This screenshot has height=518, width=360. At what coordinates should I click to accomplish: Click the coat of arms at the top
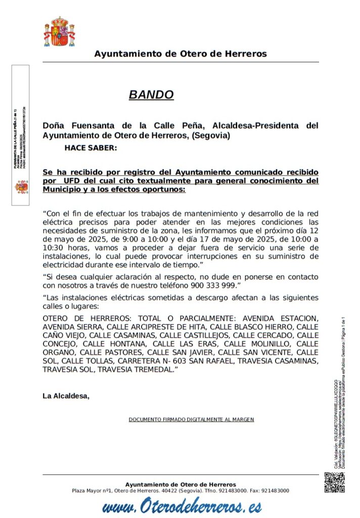coord(59,31)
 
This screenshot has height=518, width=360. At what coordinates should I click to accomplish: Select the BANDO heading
coord(151,95)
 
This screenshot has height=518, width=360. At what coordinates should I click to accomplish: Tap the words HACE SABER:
coord(91,148)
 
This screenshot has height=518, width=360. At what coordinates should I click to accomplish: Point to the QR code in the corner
coord(334,483)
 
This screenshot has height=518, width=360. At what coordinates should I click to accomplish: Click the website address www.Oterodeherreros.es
coord(182,506)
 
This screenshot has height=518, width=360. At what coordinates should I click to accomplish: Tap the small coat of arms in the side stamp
coord(21,187)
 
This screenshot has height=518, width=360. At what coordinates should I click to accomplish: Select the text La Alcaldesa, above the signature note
coord(66,396)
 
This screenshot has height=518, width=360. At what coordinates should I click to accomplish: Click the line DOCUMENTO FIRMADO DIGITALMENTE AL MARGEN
coord(191,420)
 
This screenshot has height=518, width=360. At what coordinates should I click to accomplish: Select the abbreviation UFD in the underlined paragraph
coord(73,180)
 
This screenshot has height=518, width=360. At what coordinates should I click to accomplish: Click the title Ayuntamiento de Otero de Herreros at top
coord(181,54)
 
